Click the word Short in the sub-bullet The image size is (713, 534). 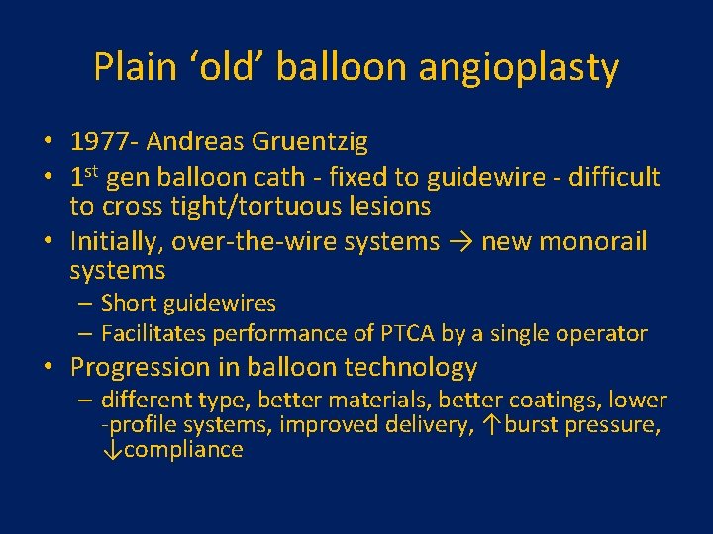click(125, 303)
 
